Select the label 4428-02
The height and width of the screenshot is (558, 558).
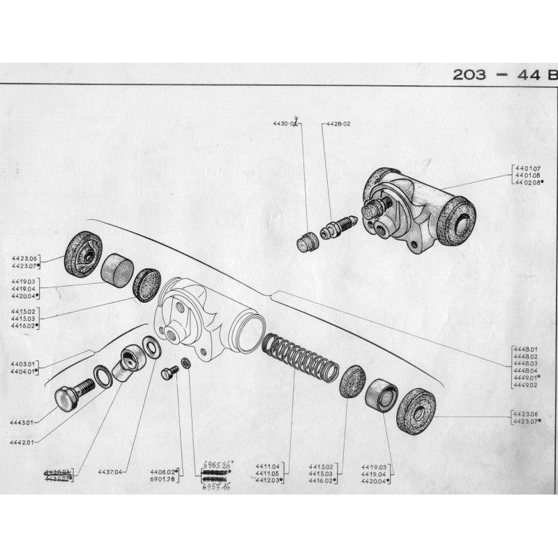click(338, 124)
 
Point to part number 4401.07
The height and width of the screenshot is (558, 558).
click(528, 169)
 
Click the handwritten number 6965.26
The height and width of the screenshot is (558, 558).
click(217, 463)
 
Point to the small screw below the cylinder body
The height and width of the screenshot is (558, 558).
click(168, 373)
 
